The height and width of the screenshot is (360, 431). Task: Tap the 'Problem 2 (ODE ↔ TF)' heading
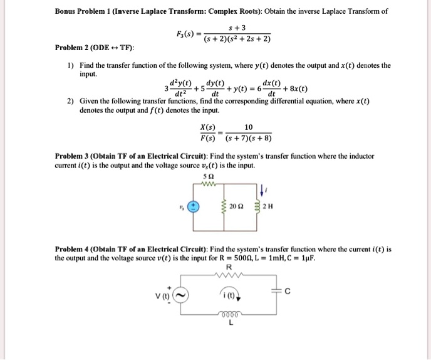(95, 48)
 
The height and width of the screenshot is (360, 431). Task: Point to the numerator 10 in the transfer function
(249, 127)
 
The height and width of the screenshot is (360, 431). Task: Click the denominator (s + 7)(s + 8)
(249, 139)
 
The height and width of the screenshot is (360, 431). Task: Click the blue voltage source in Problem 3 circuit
(194, 206)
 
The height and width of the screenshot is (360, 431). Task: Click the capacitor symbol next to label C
(277, 289)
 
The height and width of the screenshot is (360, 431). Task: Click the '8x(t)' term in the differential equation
(294, 90)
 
